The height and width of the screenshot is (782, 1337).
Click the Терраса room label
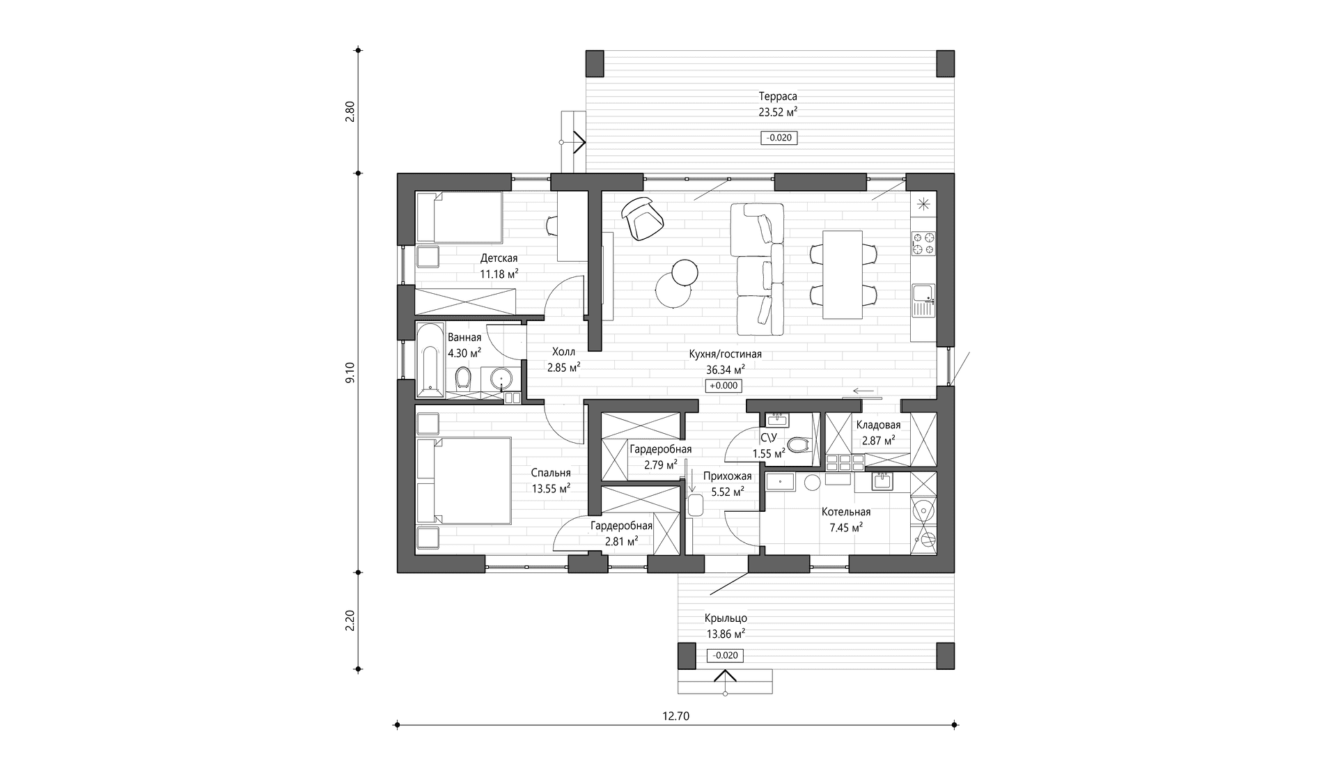[x=778, y=96]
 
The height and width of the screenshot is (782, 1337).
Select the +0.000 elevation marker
[x=724, y=386]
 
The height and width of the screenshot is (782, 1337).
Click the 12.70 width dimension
[x=677, y=715]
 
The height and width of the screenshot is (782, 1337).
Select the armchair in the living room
[x=642, y=218]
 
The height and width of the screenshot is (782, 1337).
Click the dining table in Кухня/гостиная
[x=843, y=274]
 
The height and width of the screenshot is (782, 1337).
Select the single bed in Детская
[x=460, y=217]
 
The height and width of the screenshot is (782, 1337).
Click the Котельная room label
[x=846, y=512]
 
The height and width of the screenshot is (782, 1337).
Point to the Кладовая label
[x=878, y=425]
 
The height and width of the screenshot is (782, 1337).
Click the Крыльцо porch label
[x=726, y=618]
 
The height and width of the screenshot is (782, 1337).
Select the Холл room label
[x=564, y=352]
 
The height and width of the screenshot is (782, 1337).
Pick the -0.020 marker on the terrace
[x=779, y=138]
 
